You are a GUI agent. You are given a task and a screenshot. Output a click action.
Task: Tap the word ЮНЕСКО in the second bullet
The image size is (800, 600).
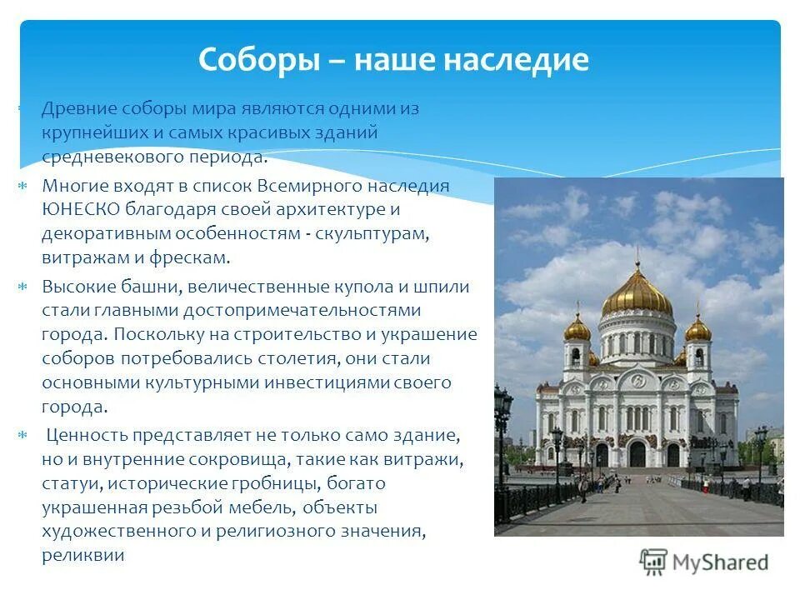coord(81,209)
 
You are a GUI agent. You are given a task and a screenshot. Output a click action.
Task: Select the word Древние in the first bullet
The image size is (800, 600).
coord(79,109)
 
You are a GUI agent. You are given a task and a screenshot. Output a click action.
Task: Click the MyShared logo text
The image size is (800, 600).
coord(721,562)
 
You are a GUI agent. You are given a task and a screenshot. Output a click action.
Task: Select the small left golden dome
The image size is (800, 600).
coord(577,328)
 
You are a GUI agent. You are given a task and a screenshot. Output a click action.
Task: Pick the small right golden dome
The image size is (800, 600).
coord(697,328)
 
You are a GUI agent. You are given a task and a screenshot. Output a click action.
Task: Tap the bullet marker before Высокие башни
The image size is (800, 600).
coord(23,287)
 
